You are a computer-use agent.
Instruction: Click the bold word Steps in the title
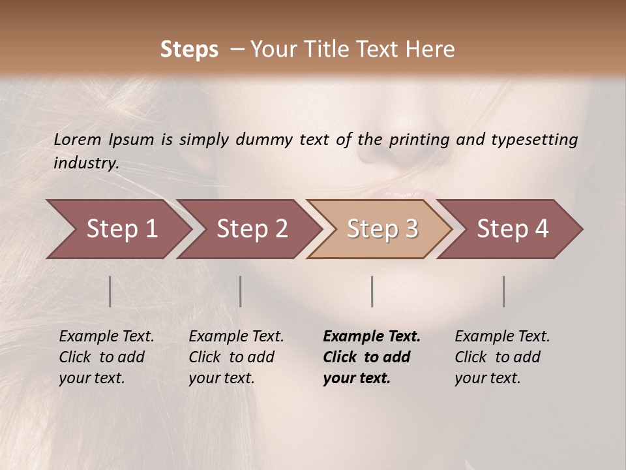(189, 50)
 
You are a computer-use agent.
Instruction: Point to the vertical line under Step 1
(110, 291)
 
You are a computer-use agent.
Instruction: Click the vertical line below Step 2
(241, 291)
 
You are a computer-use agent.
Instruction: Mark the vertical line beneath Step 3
(372, 291)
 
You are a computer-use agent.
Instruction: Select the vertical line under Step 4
(504, 291)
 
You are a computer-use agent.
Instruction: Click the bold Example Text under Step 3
(371, 357)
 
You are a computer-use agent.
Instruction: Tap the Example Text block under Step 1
(106, 357)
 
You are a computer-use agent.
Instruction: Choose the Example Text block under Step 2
(236, 357)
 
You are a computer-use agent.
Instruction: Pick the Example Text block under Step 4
(502, 357)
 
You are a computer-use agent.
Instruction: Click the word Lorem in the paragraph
(77, 140)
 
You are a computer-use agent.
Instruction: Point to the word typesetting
(540, 140)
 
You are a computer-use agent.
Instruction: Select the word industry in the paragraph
(85, 163)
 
